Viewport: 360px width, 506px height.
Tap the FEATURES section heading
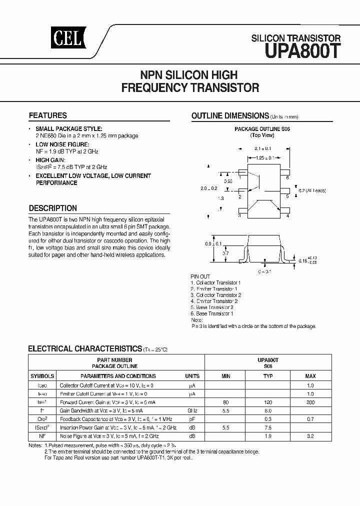click(x=48, y=115)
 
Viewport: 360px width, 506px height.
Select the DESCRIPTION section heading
click(x=53, y=208)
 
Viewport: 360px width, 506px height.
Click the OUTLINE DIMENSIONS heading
click(x=230, y=116)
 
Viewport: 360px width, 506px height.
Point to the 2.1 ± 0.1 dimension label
click(x=262, y=148)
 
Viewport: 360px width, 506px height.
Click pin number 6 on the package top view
click(x=287, y=177)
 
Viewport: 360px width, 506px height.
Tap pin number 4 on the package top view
click(x=287, y=216)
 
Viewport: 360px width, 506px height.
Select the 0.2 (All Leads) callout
click(x=313, y=191)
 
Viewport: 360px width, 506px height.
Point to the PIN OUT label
click(x=200, y=276)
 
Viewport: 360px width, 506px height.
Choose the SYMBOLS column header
click(x=42, y=376)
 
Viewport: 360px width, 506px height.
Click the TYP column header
click(x=268, y=376)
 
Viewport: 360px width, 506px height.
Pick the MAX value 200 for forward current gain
click(x=310, y=401)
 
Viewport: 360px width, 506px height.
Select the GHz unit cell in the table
click(x=192, y=410)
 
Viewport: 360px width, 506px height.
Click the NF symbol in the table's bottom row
click(x=42, y=435)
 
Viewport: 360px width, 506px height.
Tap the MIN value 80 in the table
click(x=225, y=401)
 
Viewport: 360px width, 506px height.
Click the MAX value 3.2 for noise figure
click(x=310, y=435)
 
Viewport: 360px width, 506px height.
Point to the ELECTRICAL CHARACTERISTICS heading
click(x=85, y=348)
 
